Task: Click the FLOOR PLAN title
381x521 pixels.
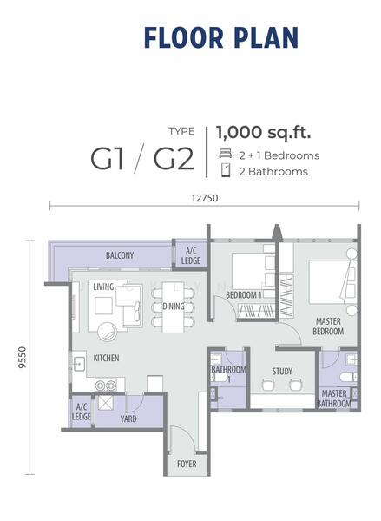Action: (221, 37)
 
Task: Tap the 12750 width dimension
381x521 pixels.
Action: (205, 198)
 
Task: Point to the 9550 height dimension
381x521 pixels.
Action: (22, 358)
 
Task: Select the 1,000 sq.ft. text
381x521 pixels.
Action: (264, 132)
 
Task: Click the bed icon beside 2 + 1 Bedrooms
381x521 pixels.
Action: (225, 154)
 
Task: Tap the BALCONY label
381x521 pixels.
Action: (120, 255)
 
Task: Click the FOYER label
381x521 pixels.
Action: (187, 464)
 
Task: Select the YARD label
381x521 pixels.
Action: (128, 419)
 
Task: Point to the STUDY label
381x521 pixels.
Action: (282, 371)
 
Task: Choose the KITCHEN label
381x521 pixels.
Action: (106, 358)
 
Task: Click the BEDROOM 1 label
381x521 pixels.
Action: (244, 295)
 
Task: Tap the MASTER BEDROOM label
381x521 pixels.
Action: (328, 326)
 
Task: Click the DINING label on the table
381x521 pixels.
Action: (173, 306)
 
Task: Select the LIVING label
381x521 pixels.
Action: (103, 287)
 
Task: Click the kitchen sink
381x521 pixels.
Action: (79, 364)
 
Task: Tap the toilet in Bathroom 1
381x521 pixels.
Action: (220, 378)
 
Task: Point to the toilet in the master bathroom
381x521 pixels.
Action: (347, 377)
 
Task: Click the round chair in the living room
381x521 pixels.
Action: (108, 332)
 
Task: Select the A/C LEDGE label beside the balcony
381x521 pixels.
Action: (191, 256)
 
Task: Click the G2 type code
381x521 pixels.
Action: (174, 160)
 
